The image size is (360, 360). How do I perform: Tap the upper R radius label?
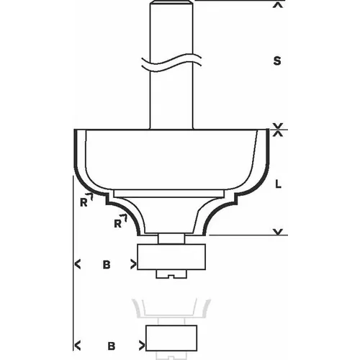(84, 202)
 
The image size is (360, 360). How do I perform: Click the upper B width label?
(105, 264)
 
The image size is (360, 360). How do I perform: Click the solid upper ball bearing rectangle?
(171, 256)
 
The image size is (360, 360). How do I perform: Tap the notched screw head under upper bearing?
(171, 274)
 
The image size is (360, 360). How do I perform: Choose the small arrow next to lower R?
(124, 218)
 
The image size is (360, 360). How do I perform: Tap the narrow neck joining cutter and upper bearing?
(171, 236)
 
